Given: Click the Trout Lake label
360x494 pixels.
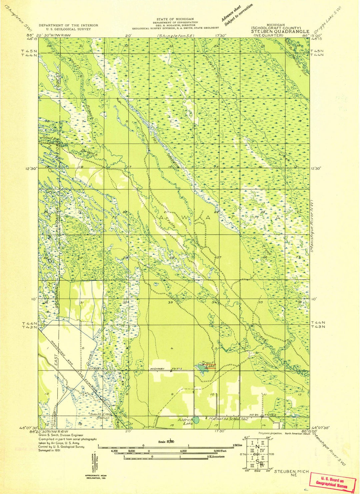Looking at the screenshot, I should [x=208, y=365].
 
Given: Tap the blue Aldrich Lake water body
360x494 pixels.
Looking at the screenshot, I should [x=197, y=420].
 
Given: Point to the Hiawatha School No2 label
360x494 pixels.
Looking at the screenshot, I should [x=227, y=418].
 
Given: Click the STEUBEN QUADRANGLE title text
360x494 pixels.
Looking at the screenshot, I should [x=280, y=32].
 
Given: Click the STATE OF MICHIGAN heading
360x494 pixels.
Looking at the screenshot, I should [x=175, y=19].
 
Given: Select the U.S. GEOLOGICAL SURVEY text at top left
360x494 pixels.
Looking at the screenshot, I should [x=68, y=29].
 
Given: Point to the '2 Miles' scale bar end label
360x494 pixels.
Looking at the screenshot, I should [x=238, y=445].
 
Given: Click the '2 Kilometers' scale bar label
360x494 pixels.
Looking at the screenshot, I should [x=216, y=456].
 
